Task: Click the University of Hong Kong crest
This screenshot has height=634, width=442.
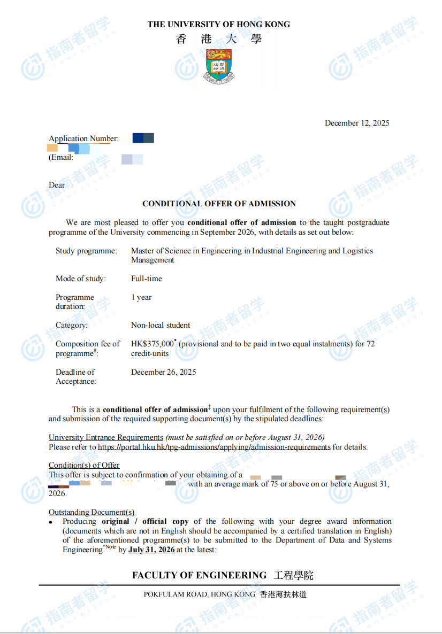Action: click(x=219, y=66)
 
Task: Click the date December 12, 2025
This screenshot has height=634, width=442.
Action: click(x=357, y=123)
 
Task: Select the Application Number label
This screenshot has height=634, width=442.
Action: click(x=83, y=139)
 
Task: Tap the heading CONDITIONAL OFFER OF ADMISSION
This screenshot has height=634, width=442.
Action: click(x=219, y=204)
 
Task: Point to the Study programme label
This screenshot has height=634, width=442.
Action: click(x=86, y=251)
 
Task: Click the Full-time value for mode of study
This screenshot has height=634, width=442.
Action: click(x=147, y=279)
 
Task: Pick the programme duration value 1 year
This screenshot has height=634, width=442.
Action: click(x=141, y=297)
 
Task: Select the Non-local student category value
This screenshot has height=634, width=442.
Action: click(x=161, y=325)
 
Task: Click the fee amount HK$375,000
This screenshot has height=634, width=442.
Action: click(x=153, y=344)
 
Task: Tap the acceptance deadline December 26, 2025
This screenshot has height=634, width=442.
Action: click(x=164, y=372)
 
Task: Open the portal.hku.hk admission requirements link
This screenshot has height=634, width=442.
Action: click(x=214, y=447)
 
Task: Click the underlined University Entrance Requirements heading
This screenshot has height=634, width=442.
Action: click(x=106, y=437)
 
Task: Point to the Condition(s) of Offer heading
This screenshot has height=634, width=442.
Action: click(x=84, y=465)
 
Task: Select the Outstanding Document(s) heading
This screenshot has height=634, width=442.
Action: click(x=92, y=512)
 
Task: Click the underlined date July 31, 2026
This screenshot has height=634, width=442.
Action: click(x=151, y=550)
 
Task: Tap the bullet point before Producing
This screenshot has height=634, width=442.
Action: click(x=51, y=522)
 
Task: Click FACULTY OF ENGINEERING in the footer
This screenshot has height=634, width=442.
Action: click(x=200, y=575)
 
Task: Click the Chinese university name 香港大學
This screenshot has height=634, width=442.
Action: click(x=219, y=39)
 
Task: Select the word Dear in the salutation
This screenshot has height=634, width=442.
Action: click(x=57, y=185)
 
